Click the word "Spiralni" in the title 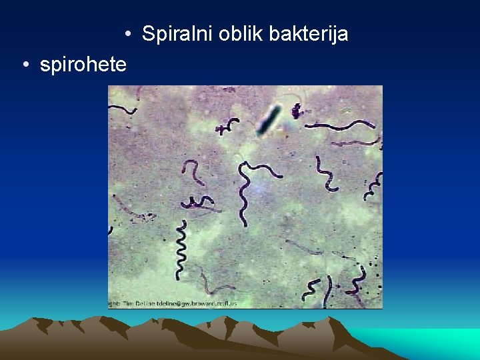(x=175, y=33)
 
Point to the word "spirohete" (x=83, y=65)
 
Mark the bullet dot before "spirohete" (x=25, y=65)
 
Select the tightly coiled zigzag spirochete (x=181, y=251)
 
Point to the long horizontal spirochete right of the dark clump (x=340, y=125)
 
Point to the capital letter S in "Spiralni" (x=147, y=33)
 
